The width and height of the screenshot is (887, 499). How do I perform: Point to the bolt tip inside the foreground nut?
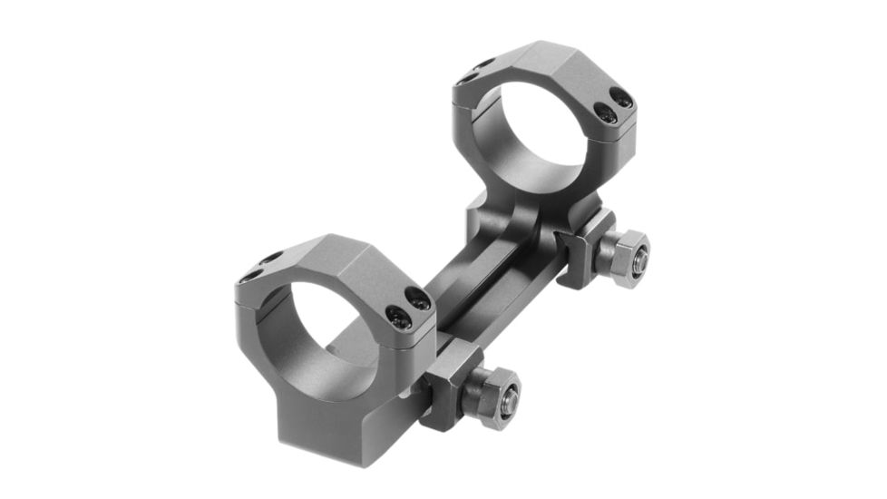coord(509,395)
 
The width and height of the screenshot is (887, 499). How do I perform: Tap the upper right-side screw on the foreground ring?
coord(417,297)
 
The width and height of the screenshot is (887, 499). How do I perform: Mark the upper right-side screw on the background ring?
coord(622,97)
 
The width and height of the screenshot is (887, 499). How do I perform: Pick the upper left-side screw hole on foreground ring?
coord(271,258)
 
